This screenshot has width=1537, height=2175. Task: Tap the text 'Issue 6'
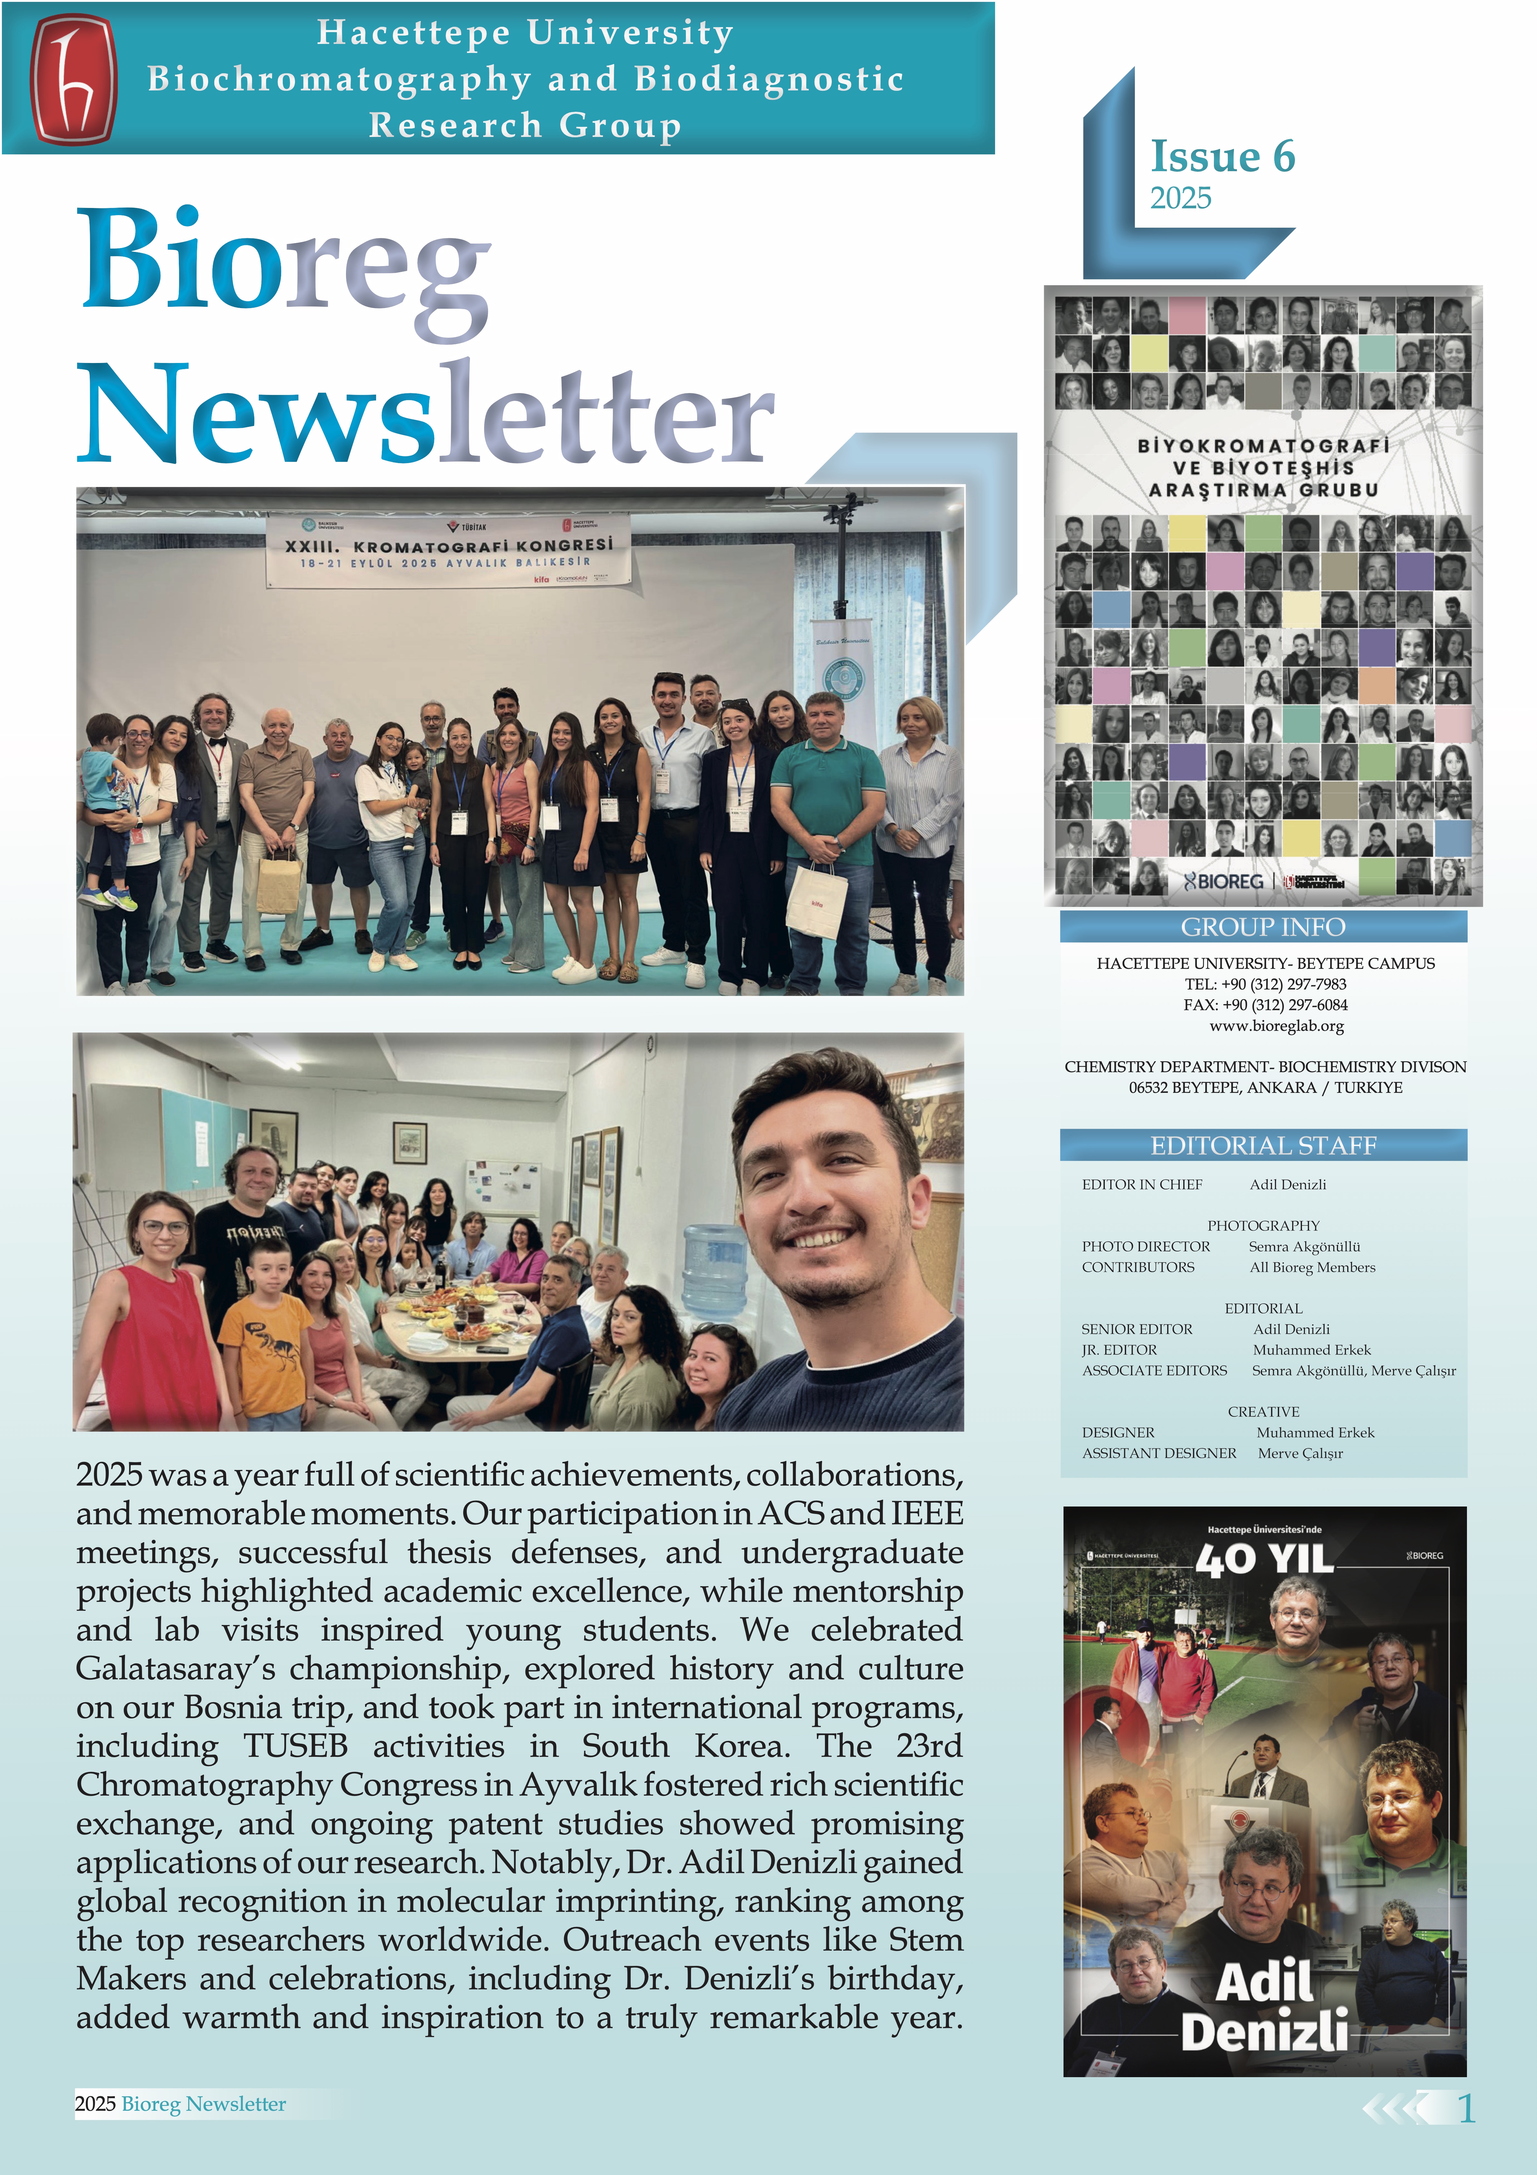coord(1222,156)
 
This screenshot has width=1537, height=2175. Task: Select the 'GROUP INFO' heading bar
coord(1262,927)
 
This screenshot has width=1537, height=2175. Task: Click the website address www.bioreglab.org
coord(1276,1026)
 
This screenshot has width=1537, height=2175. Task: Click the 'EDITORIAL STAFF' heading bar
coord(1262,1145)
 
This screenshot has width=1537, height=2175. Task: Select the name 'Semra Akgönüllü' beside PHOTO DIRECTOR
coord(1303,1247)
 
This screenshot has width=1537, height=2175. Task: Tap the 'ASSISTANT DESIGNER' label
coord(1158,1453)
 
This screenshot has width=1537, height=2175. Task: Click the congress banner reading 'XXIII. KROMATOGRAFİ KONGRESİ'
coord(449,549)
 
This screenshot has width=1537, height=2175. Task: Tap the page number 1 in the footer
coord(1466,2109)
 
